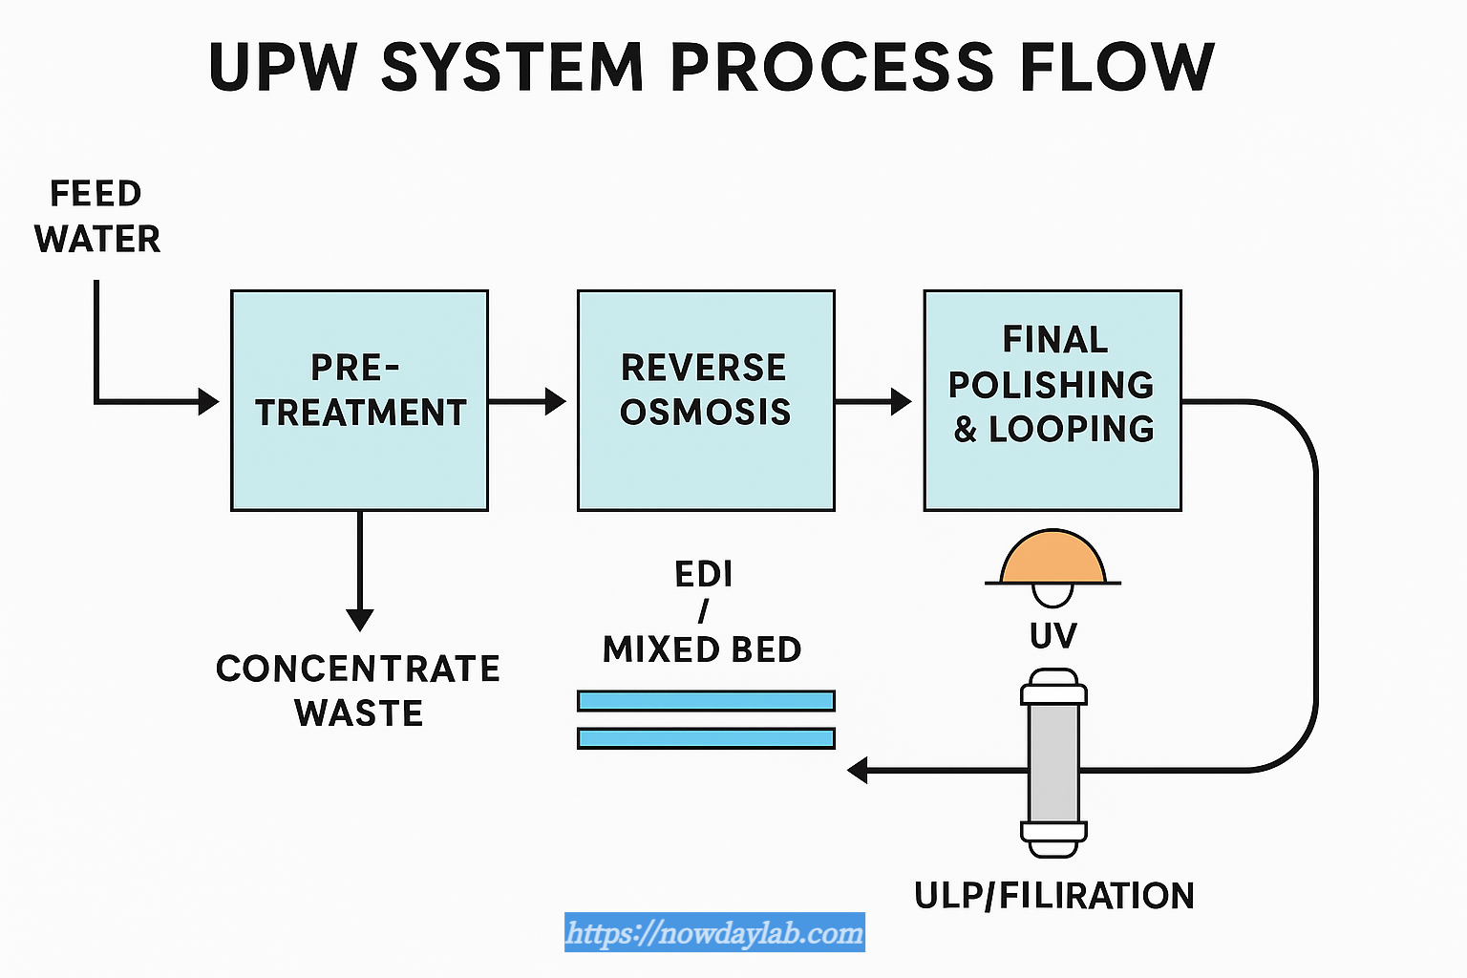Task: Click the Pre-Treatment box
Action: pyautogui.click(x=359, y=400)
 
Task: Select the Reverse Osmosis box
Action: pyautogui.click(x=706, y=400)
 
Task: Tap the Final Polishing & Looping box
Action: pyautogui.click(x=1052, y=400)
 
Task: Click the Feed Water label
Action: pyautogui.click(x=96, y=217)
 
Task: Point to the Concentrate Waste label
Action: pyautogui.click(x=358, y=691)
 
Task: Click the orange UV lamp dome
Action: pyautogui.click(x=1052, y=560)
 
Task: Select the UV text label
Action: pyautogui.click(x=1053, y=636)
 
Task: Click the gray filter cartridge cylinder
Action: pyautogui.click(x=1053, y=764)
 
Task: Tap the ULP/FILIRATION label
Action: pyautogui.click(x=1054, y=896)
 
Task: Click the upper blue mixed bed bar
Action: pyautogui.click(x=706, y=701)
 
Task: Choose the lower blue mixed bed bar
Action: pyautogui.click(x=706, y=738)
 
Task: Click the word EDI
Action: pyautogui.click(x=704, y=574)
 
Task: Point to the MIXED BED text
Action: pyautogui.click(x=702, y=649)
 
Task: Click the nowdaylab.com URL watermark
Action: pyautogui.click(x=714, y=932)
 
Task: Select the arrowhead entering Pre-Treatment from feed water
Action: pyautogui.click(x=208, y=401)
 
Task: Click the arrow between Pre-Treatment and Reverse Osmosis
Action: pyautogui.click(x=528, y=401)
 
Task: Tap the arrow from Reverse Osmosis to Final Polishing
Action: pyautogui.click(x=875, y=401)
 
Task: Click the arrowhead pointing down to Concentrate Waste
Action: pyautogui.click(x=360, y=619)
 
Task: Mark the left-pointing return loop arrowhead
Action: pyautogui.click(x=859, y=770)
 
